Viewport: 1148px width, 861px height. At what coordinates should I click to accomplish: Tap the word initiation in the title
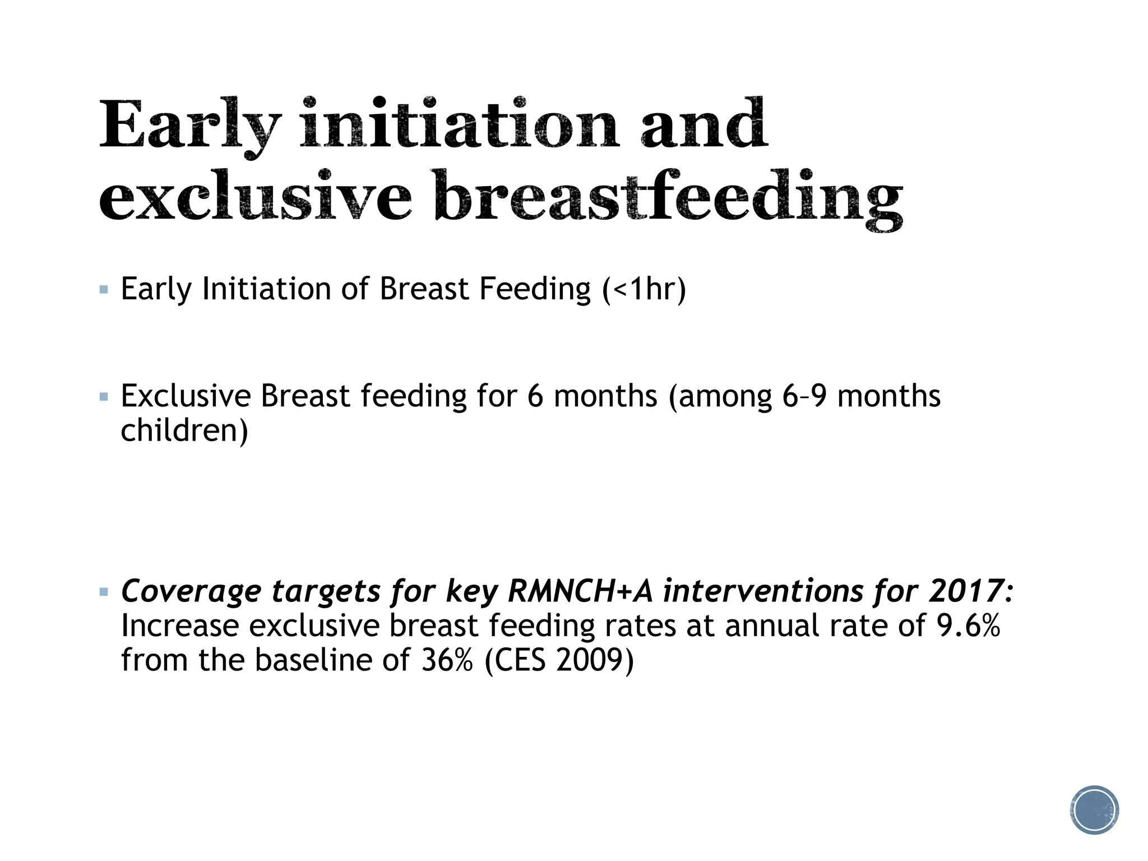point(460,124)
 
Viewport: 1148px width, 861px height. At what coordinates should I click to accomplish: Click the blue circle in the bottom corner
point(1094,809)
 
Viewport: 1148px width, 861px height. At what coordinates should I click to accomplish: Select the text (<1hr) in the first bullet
point(644,289)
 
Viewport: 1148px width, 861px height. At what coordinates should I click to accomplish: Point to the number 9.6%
point(969,626)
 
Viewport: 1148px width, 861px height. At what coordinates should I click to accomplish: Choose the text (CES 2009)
point(559,660)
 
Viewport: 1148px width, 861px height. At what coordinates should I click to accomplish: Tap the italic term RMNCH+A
point(581,591)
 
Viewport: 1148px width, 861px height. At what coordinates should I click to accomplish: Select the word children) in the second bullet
point(184,430)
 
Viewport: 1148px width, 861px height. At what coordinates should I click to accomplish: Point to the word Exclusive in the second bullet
point(186,396)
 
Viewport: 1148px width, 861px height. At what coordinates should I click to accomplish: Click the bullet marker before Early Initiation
point(104,290)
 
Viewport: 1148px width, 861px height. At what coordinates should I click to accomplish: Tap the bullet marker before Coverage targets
point(104,592)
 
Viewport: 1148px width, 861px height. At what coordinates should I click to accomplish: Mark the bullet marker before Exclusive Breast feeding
point(104,397)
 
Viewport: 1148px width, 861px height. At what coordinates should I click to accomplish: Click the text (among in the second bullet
point(720,396)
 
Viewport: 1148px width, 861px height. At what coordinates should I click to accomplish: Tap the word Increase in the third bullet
point(180,626)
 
